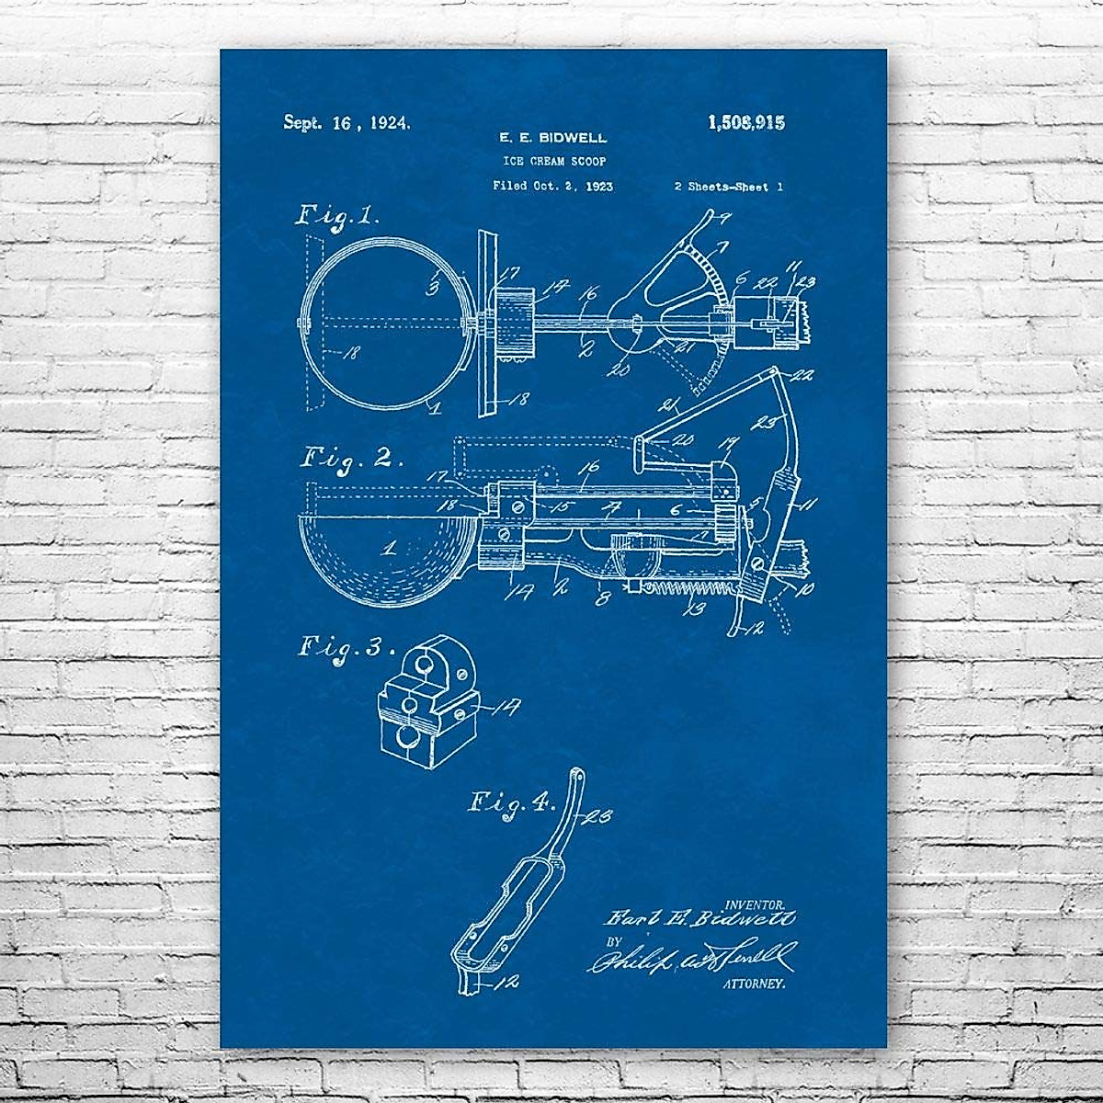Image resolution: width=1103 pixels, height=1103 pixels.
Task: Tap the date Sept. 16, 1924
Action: click(x=347, y=122)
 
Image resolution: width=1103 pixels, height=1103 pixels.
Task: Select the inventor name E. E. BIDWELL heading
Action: click(x=552, y=138)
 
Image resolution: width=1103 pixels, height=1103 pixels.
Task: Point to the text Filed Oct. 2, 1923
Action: click(x=553, y=186)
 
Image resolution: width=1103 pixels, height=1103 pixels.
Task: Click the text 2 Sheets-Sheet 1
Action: click(x=728, y=186)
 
